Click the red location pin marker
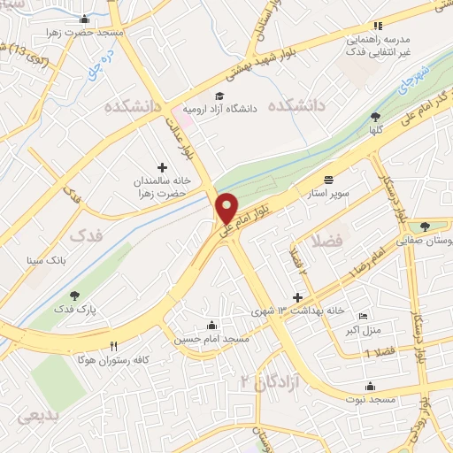coord(227,207)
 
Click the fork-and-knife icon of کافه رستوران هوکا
coord(112,346)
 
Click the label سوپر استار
coord(329,191)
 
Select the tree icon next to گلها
coord(376,117)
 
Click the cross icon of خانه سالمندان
coord(161,167)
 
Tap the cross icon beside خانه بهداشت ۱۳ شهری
coord(297,301)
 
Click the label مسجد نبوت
coord(369,401)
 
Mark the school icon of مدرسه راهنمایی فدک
coord(378,26)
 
